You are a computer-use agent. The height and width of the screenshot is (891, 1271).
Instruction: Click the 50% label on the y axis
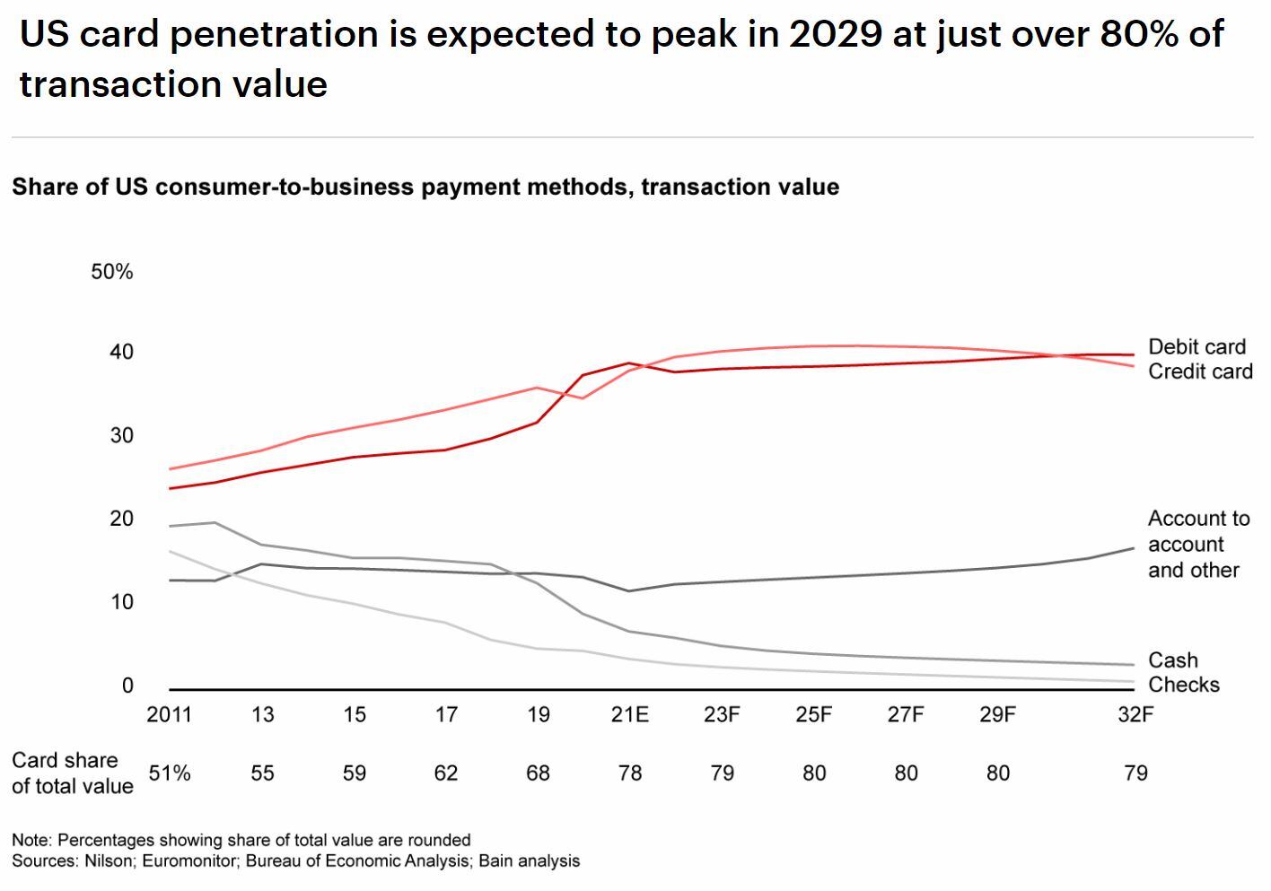[x=111, y=272]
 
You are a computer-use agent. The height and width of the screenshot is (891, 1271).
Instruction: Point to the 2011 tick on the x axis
[x=169, y=715]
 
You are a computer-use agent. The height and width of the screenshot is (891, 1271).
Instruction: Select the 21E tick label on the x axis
[x=629, y=715]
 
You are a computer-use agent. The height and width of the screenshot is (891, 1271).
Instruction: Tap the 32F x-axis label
[x=1135, y=715]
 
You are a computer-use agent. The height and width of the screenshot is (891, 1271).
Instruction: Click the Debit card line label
[x=1196, y=347]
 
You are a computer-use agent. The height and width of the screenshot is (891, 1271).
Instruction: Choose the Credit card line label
[x=1200, y=371]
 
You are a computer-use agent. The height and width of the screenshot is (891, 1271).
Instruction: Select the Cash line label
[x=1172, y=660]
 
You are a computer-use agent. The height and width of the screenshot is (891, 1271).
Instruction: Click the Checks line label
[x=1183, y=685]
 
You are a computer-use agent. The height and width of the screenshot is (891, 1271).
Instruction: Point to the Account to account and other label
[x=1197, y=545]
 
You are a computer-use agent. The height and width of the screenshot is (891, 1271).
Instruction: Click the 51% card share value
[x=169, y=773]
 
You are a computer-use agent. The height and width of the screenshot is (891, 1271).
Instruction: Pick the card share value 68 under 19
[x=538, y=773]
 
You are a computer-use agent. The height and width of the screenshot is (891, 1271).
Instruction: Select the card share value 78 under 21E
[x=630, y=773]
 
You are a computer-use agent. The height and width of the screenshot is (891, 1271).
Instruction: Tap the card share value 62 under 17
[x=446, y=773]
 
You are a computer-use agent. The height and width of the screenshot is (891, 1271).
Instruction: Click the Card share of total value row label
[x=72, y=773]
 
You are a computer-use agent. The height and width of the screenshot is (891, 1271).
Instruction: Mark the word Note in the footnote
[x=30, y=841]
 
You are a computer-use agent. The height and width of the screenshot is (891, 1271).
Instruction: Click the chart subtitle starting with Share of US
[x=425, y=187]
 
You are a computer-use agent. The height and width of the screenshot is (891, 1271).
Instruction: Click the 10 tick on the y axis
[x=122, y=602]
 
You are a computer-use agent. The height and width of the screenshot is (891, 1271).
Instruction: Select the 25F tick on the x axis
[x=813, y=715]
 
